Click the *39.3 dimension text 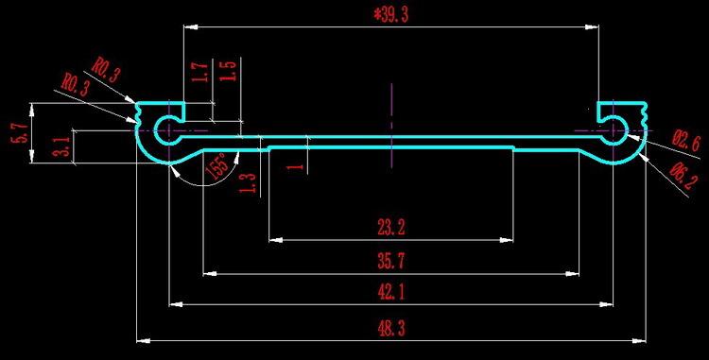point(390,15)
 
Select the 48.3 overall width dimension point(391,329)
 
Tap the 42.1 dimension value point(391,293)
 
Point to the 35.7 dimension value point(391,261)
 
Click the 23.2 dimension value point(391,227)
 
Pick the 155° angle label point(216,165)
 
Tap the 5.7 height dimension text point(21,133)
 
